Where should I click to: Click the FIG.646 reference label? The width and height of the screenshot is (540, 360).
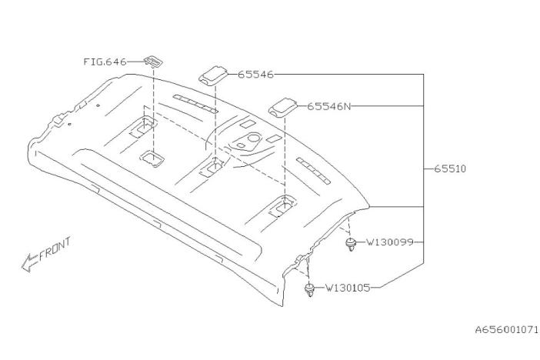tap(105, 61)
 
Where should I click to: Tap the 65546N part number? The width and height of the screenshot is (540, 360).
tap(328, 106)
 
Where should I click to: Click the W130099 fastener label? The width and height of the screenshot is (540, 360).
tap(390, 242)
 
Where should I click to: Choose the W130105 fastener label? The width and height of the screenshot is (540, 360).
tap(348, 288)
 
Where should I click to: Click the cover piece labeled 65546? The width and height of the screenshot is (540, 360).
tap(214, 75)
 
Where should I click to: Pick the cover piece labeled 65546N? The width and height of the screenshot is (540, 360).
tap(284, 106)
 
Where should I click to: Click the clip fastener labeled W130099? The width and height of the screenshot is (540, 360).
tap(351, 245)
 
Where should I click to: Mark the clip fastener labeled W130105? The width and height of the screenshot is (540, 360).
tap(308, 291)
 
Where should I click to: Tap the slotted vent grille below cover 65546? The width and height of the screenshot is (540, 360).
tap(196, 102)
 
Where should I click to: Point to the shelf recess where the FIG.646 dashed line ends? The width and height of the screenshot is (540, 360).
tap(151, 158)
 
